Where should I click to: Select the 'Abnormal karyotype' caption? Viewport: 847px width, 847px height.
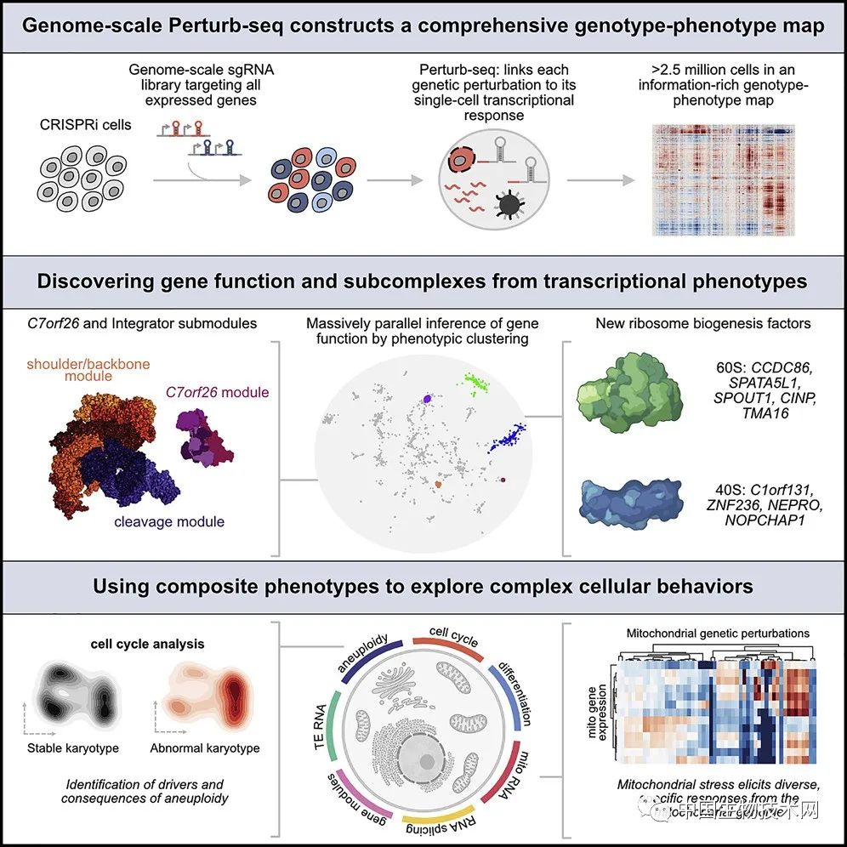[x=205, y=748]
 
